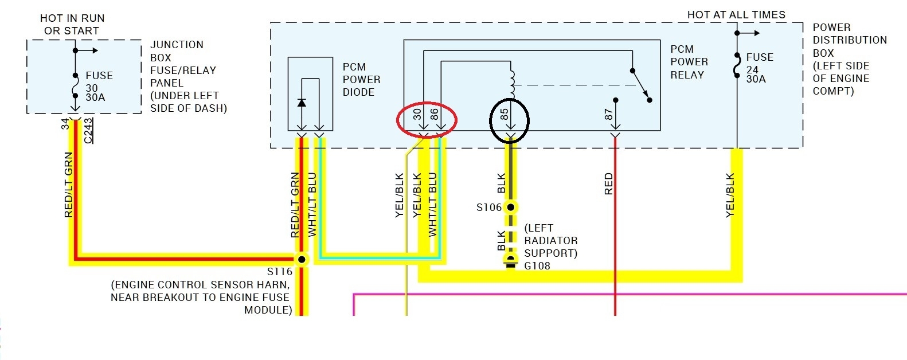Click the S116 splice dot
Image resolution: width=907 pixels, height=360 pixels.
tap(302, 259)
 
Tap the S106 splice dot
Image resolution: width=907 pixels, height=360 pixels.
tap(510, 208)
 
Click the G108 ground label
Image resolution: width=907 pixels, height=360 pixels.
tap(537, 266)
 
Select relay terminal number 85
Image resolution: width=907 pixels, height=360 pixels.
tap(505, 114)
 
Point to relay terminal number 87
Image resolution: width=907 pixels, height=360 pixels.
tap(609, 115)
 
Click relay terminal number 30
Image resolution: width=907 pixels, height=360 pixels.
tap(417, 114)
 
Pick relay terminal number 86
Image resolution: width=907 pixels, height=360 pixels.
tap(435, 114)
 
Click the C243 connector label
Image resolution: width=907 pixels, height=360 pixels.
tap(88, 131)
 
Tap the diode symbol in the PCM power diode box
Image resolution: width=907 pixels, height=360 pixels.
tap(302, 103)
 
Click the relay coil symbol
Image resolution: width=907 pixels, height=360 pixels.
tap(512, 82)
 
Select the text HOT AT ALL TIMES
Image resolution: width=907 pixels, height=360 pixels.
tap(736, 15)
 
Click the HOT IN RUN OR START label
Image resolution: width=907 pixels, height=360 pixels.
tap(72, 25)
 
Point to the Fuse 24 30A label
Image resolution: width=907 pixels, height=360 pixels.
tap(759, 68)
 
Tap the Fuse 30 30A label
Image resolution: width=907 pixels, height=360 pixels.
tap(99, 87)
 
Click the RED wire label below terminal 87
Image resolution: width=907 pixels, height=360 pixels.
tap(609, 184)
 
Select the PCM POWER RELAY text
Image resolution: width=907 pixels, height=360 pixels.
tap(689, 62)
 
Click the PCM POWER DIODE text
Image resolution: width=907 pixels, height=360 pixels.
tap(361, 80)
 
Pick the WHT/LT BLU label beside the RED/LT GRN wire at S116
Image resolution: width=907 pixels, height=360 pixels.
tap(312, 204)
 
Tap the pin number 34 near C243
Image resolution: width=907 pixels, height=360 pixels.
tap(65, 123)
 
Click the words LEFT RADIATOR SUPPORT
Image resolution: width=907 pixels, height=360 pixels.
tap(550, 241)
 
